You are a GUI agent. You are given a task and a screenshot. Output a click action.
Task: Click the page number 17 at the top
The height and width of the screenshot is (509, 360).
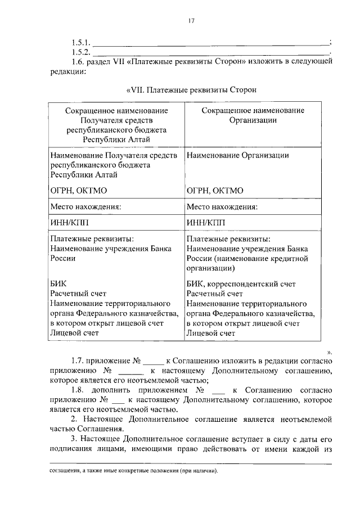tap(191, 21)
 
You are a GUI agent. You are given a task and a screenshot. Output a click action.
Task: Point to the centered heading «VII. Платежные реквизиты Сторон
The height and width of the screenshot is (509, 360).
tap(191, 89)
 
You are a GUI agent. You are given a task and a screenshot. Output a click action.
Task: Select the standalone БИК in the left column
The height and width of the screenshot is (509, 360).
tap(58, 283)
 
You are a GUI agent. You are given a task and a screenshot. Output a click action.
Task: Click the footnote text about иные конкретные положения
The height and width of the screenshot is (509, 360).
tap(132, 471)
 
